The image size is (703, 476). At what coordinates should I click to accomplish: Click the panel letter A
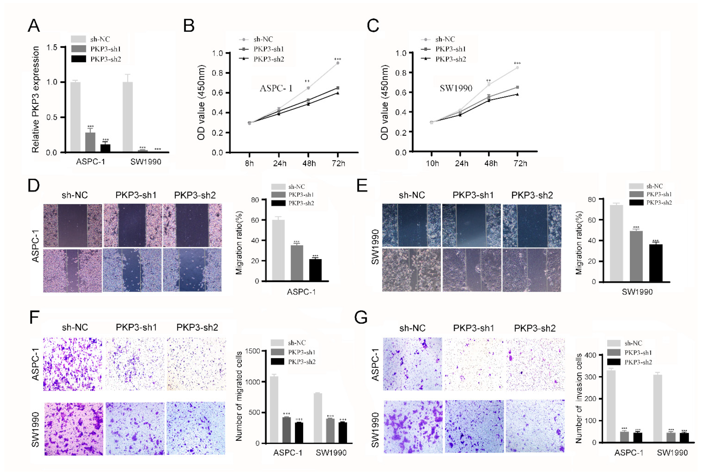(x=34, y=25)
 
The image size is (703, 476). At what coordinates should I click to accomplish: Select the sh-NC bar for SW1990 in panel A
(x=128, y=117)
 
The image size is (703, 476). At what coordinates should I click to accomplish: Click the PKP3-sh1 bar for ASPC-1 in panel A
(x=90, y=142)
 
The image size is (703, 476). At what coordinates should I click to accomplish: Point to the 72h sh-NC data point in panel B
(x=338, y=63)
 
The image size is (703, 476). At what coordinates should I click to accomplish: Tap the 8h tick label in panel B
(x=249, y=163)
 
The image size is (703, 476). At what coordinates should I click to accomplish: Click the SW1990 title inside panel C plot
(x=456, y=88)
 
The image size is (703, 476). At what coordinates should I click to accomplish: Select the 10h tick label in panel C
(x=432, y=163)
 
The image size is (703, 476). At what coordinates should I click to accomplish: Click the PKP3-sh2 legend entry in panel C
(x=450, y=59)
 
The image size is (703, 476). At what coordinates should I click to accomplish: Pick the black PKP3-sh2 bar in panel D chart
(x=315, y=270)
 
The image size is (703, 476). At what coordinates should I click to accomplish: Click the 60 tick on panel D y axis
(x=255, y=220)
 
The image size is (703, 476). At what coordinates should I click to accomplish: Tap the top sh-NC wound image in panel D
(x=72, y=225)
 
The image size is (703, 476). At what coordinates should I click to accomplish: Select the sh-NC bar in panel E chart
(x=616, y=244)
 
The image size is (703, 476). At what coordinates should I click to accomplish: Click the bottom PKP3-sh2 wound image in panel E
(x=532, y=270)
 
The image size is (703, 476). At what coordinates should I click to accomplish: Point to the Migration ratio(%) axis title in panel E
(x=579, y=243)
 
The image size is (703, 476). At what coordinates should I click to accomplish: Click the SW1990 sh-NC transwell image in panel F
(x=73, y=429)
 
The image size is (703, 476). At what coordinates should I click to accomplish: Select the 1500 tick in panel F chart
(x=253, y=351)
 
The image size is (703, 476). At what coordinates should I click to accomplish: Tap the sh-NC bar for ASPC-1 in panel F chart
(x=274, y=409)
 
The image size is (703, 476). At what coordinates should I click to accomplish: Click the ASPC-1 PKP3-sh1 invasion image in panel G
(x=473, y=364)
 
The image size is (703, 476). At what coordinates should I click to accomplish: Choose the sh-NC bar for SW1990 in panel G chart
(x=657, y=408)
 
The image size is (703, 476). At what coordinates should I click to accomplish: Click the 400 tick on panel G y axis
(x=590, y=355)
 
